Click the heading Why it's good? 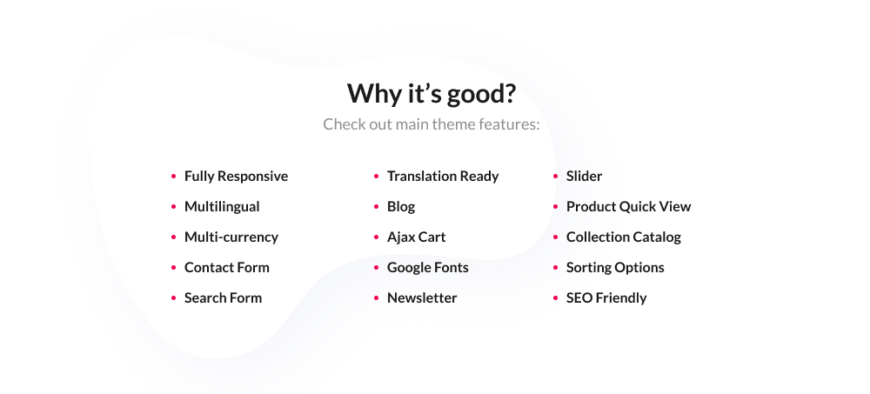pyautogui.click(x=432, y=92)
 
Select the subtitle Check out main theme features pyautogui.click(x=432, y=124)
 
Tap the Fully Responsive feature pyautogui.click(x=236, y=176)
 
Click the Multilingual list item pyautogui.click(x=222, y=206)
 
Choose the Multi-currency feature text pyautogui.click(x=231, y=237)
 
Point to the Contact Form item pyautogui.click(x=227, y=267)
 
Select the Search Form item pyautogui.click(x=223, y=297)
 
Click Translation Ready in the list pyautogui.click(x=443, y=176)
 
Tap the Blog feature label pyautogui.click(x=401, y=206)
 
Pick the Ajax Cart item pyautogui.click(x=417, y=237)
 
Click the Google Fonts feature pyautogui.click(x=428, y=267)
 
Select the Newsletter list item pyautogui.click(x=422, y=297)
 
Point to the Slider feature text pyautogui.click(x=584, y=176)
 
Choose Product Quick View pyautogui.click(x=628, y=206)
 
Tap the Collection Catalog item pyautogui.click(x=624, y=237)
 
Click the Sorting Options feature pyautogui.click(x=615, y=267)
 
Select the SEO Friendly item pyautogui.click(x=606, y=297)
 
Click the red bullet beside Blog pyautogui.click(x=377, y=207)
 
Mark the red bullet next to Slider pyautogui.click(x=556, y=177)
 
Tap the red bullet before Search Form pyautogui.click(x=174, y=298)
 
